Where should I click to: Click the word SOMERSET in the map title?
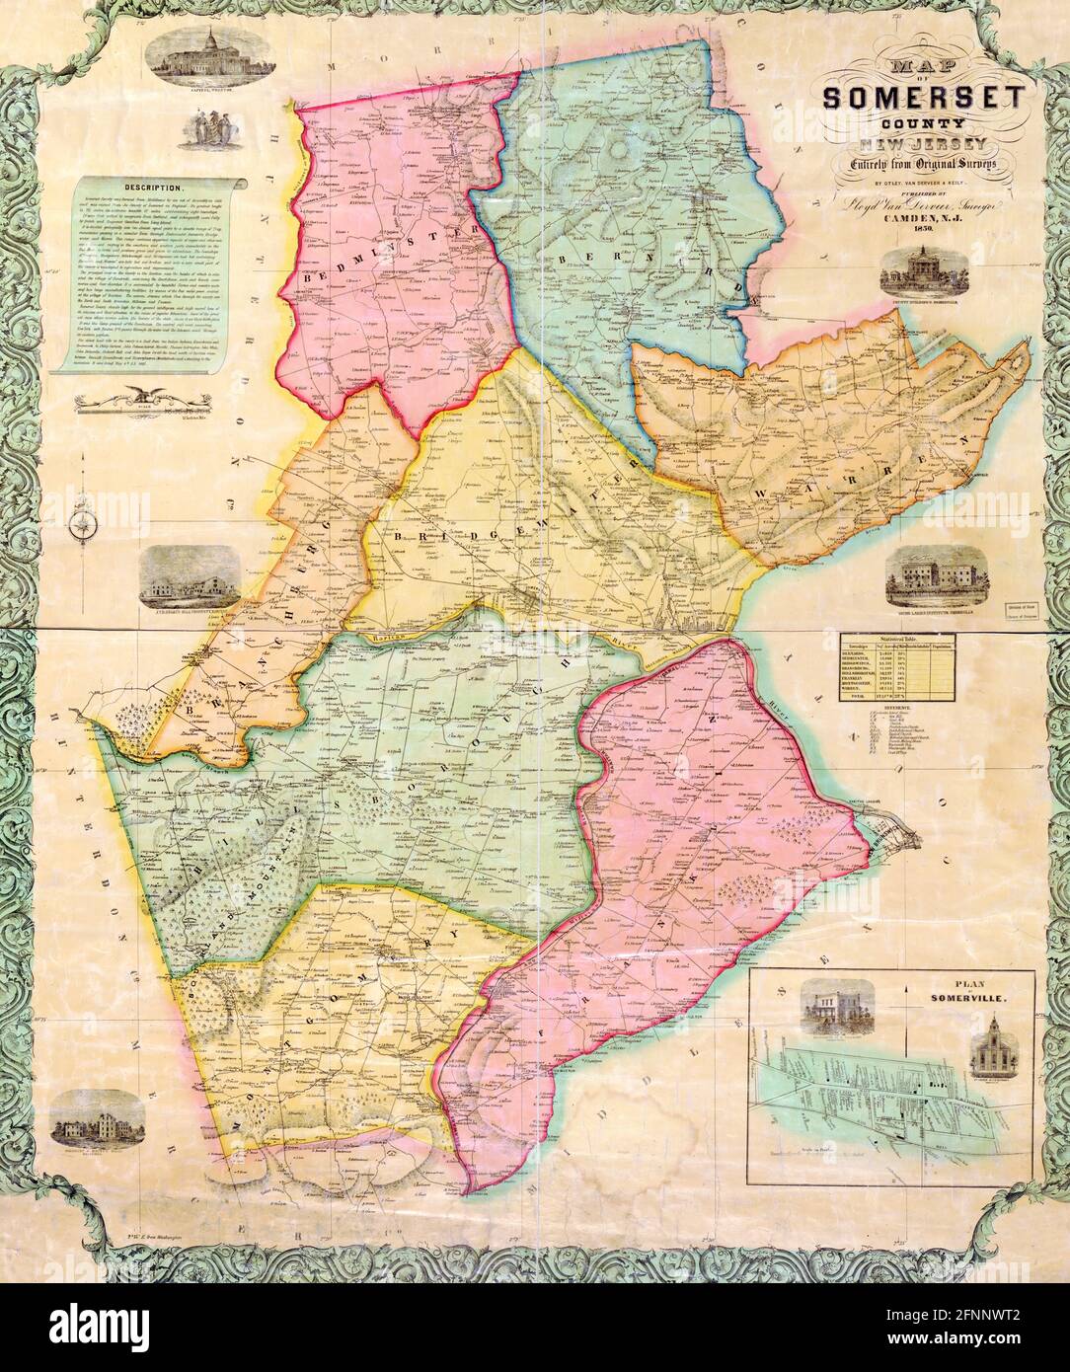[923, 99]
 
